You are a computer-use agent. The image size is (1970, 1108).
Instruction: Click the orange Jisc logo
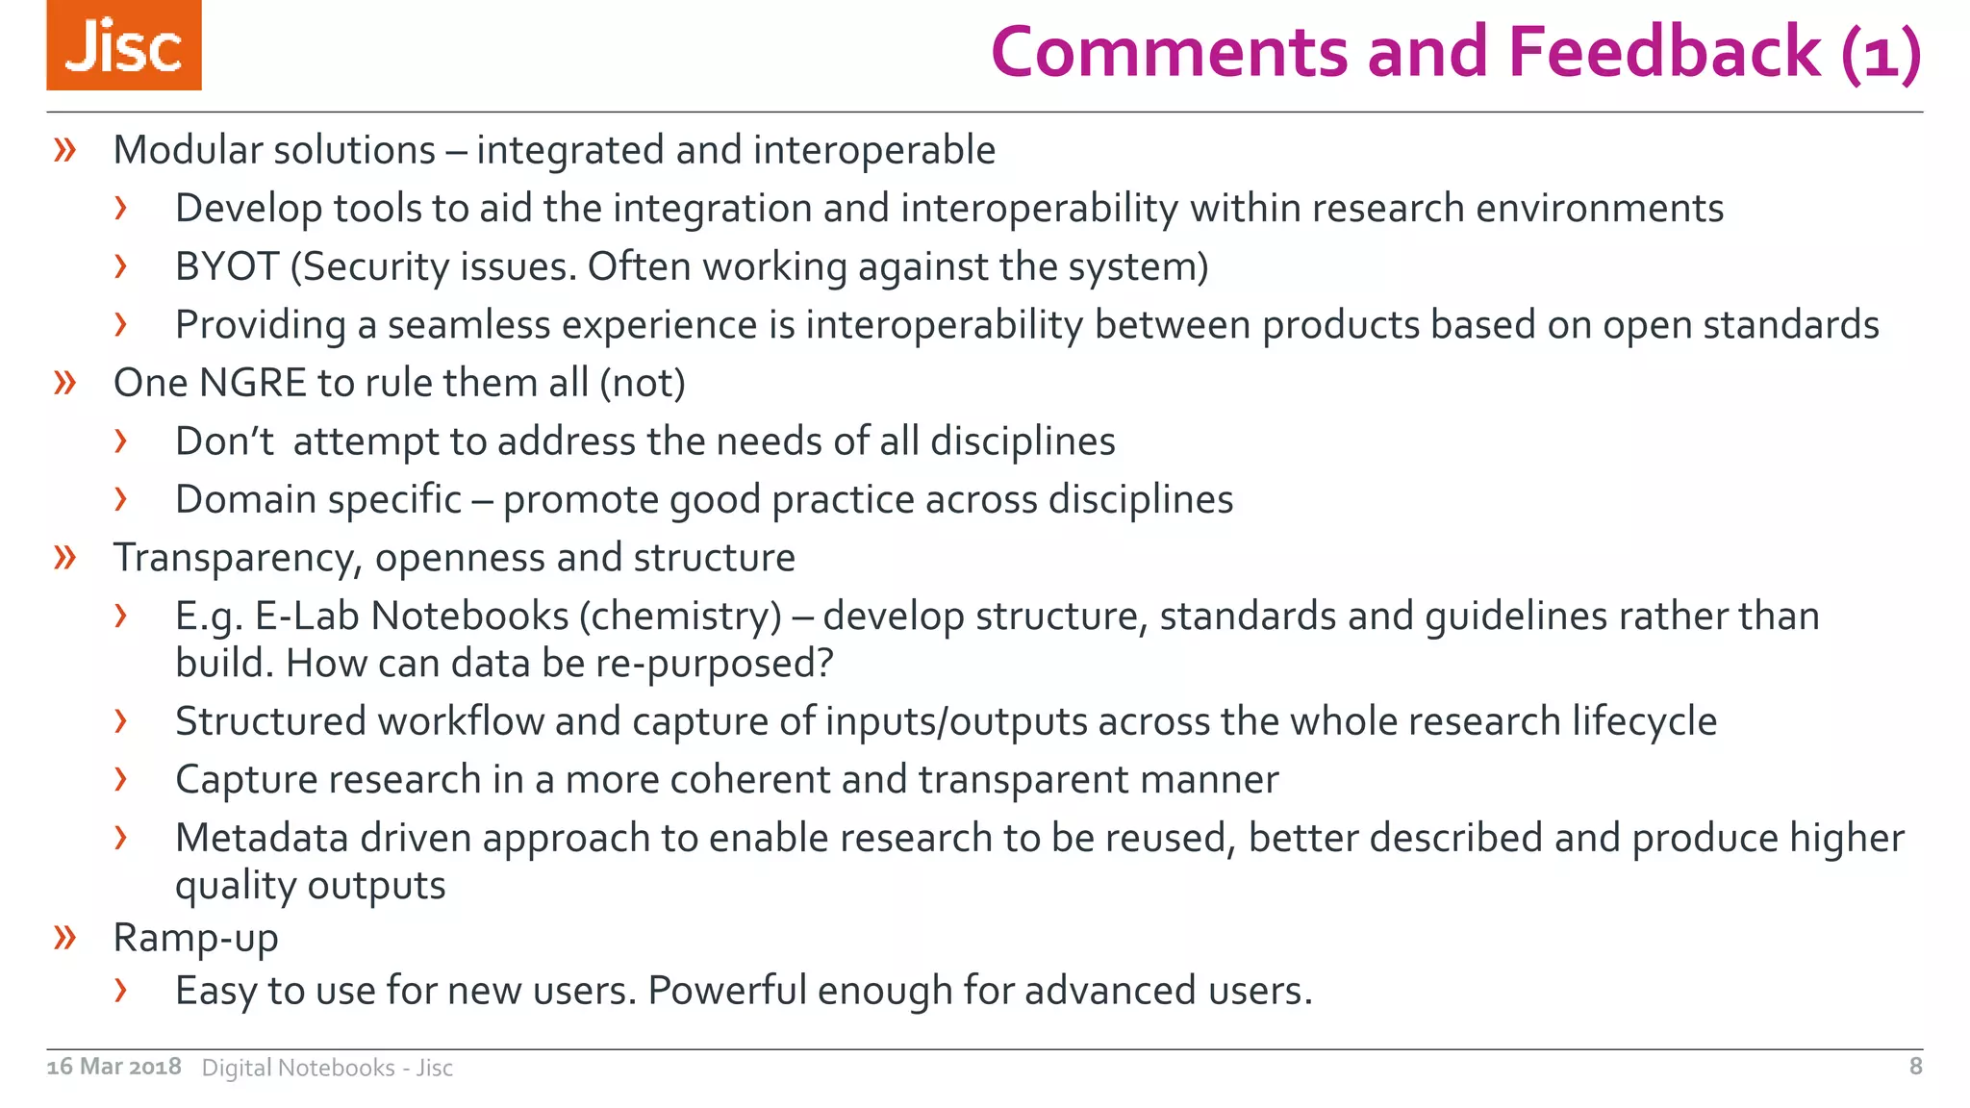point(124,45)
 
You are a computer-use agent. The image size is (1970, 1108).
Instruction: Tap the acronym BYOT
point(227,266)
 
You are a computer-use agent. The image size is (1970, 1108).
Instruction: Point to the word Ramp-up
point(195,938)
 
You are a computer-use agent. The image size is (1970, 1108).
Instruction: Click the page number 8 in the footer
point(1915,1066)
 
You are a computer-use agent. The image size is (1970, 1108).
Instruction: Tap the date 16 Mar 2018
point(114,1067)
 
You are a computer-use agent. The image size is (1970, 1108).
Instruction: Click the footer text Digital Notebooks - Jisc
point(327,1068)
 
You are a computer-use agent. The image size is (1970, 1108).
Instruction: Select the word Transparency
point(238,558)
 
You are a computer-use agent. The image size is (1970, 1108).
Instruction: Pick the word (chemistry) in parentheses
point(680,617)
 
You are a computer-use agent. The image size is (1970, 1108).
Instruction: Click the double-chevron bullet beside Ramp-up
point(65,937)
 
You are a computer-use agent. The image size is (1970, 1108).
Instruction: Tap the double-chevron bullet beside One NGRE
point(65,383)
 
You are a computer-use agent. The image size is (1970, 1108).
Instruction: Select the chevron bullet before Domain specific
point(120,499)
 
